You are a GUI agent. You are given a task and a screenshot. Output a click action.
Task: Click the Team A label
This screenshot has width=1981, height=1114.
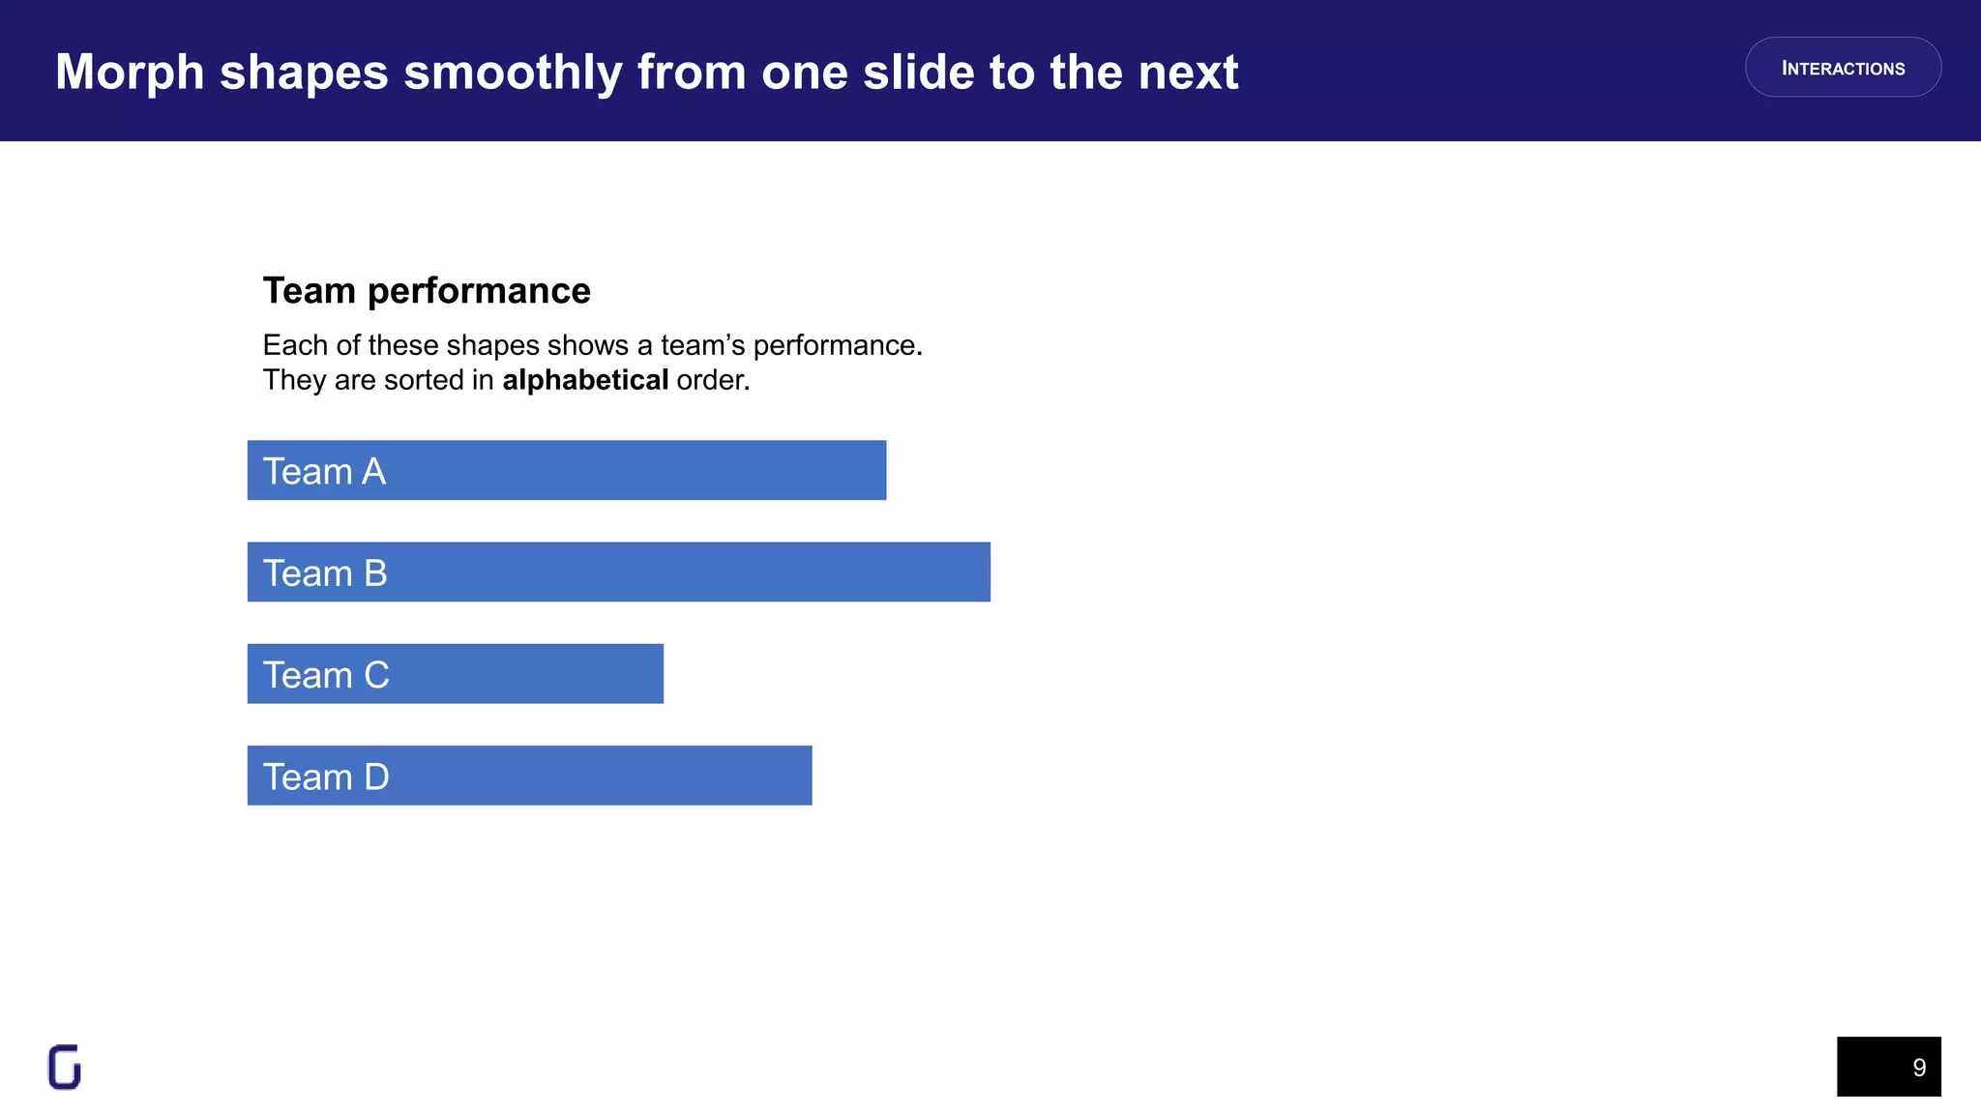[x=324, y=472]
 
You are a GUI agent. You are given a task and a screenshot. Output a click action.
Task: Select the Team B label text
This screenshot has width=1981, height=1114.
[x=325, y=573]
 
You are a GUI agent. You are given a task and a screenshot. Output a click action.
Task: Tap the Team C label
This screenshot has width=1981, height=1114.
[x=326, y=675]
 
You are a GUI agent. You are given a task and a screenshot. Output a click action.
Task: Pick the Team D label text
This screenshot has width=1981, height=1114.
[x=326, y=777]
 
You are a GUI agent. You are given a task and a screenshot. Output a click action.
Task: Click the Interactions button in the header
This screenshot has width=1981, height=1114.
[x=1843, y=68]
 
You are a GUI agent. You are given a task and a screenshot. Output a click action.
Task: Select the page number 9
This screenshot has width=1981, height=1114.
[x=1919, y=1068]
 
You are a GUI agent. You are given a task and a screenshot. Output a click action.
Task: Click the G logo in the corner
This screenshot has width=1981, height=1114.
[x=65, y=1068]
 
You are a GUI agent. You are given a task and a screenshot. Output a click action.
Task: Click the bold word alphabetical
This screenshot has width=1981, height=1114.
[x=585, y=380]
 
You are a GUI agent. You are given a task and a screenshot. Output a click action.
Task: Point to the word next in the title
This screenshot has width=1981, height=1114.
[x=1188, y=73]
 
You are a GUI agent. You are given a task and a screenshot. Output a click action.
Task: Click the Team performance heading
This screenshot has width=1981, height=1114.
[x=427, y=291]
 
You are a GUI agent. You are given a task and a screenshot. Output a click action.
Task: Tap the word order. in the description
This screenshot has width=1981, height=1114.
[x=713, y=380]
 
